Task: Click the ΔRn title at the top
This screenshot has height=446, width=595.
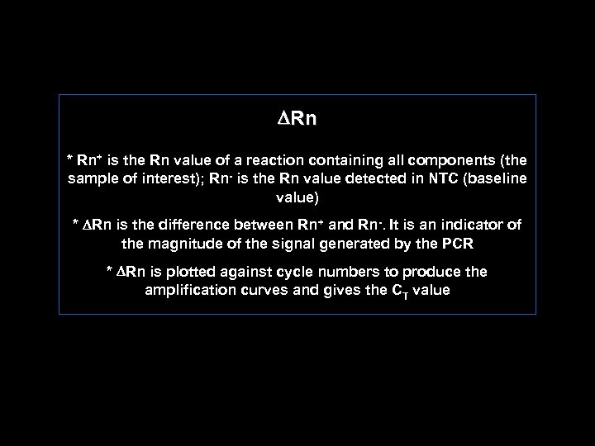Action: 297,119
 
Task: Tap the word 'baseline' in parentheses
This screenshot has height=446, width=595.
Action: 497,179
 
